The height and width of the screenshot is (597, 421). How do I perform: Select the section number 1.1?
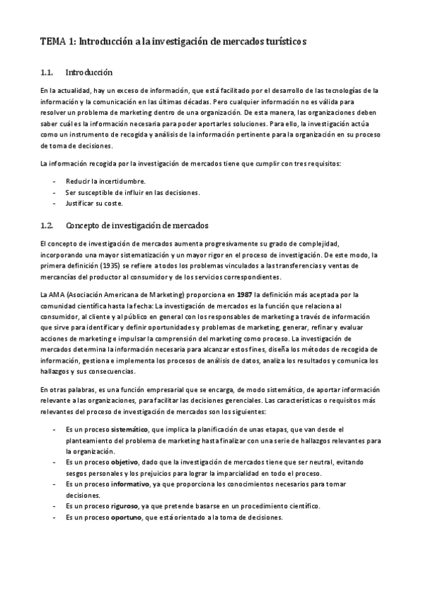click(x=48, y=72)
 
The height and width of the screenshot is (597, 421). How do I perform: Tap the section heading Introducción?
click(x=89, y=72)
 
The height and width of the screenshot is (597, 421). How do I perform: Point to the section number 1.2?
click(x=48, y=225)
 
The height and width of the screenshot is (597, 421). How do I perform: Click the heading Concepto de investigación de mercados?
click(x=136, y=225)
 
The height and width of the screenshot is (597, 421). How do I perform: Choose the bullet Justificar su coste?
click(x=93, y=203)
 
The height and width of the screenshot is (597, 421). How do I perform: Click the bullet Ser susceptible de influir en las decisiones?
click(x=132, y=192)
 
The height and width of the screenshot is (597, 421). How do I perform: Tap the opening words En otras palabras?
click(x=65, y=389)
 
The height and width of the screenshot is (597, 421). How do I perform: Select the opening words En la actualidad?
click(x=63, y=91)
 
